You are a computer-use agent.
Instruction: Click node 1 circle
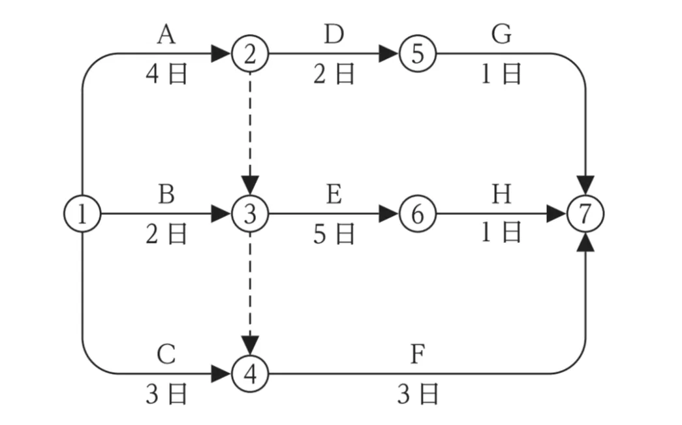tap(82, 213)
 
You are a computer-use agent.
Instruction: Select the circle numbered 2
tap(249, 54)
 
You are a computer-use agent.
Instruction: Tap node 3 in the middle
tap(249, 213)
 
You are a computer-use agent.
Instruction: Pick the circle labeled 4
tap(249, 374)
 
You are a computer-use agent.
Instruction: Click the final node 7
tap(585, 213)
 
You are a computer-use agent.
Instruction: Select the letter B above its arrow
tap(166, 195)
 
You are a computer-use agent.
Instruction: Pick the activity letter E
tap(333, 195)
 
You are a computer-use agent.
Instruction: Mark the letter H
tap(501, 195)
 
